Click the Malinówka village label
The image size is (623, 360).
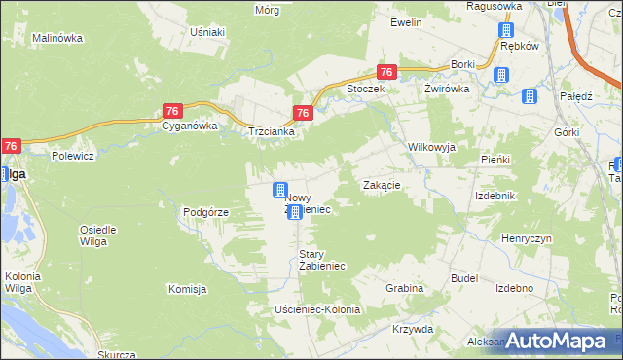tap(57, 38)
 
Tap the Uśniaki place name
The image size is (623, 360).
tap(207, 32)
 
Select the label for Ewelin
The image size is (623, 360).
tap(405, 21)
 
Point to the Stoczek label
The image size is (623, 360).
tap(367, 89)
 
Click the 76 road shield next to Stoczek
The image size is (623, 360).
tap(386, 72)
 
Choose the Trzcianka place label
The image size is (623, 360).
tap(272, 131)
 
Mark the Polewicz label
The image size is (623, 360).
tap(72, 155)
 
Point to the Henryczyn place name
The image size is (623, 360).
tap(527, 238)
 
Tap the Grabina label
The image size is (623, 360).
tap(404, 288)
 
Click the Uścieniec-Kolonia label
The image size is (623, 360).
tap(317, 309)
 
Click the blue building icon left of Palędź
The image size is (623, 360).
tap(530, 95)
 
